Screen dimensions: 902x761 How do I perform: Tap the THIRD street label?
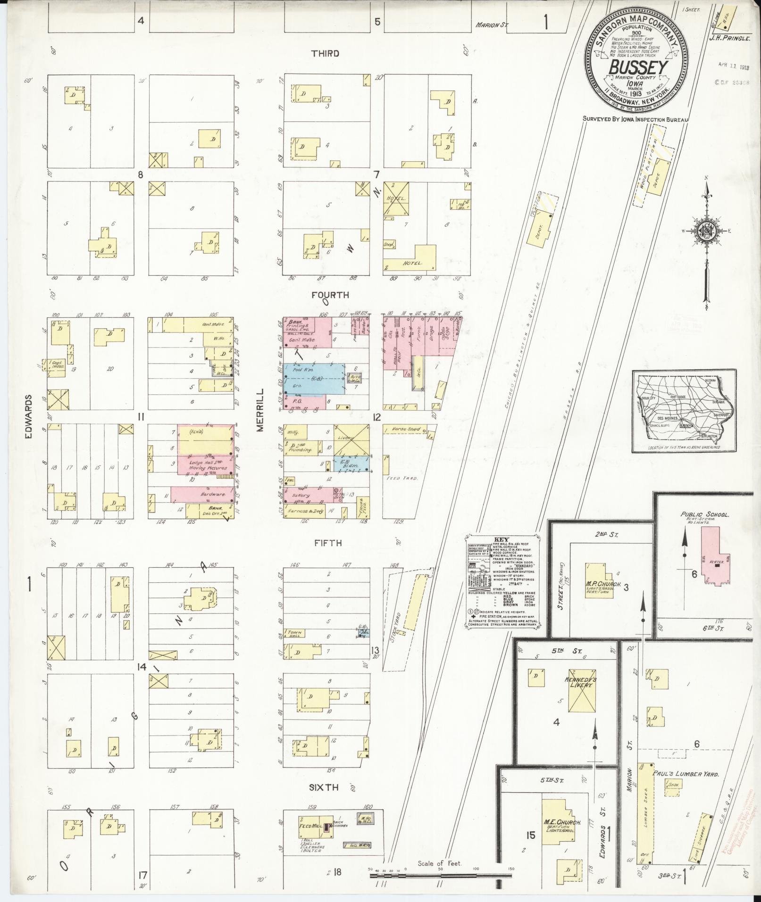coord(325,54)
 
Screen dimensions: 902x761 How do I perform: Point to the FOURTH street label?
coord(330,295)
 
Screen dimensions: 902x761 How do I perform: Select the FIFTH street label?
coord(328,543)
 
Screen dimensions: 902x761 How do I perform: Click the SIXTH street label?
coord(324,787)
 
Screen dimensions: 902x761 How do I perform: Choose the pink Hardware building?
coord(202,495)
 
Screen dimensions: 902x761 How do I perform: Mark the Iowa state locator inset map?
coord(684,411)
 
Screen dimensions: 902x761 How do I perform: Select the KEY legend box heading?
coord(499,539)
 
